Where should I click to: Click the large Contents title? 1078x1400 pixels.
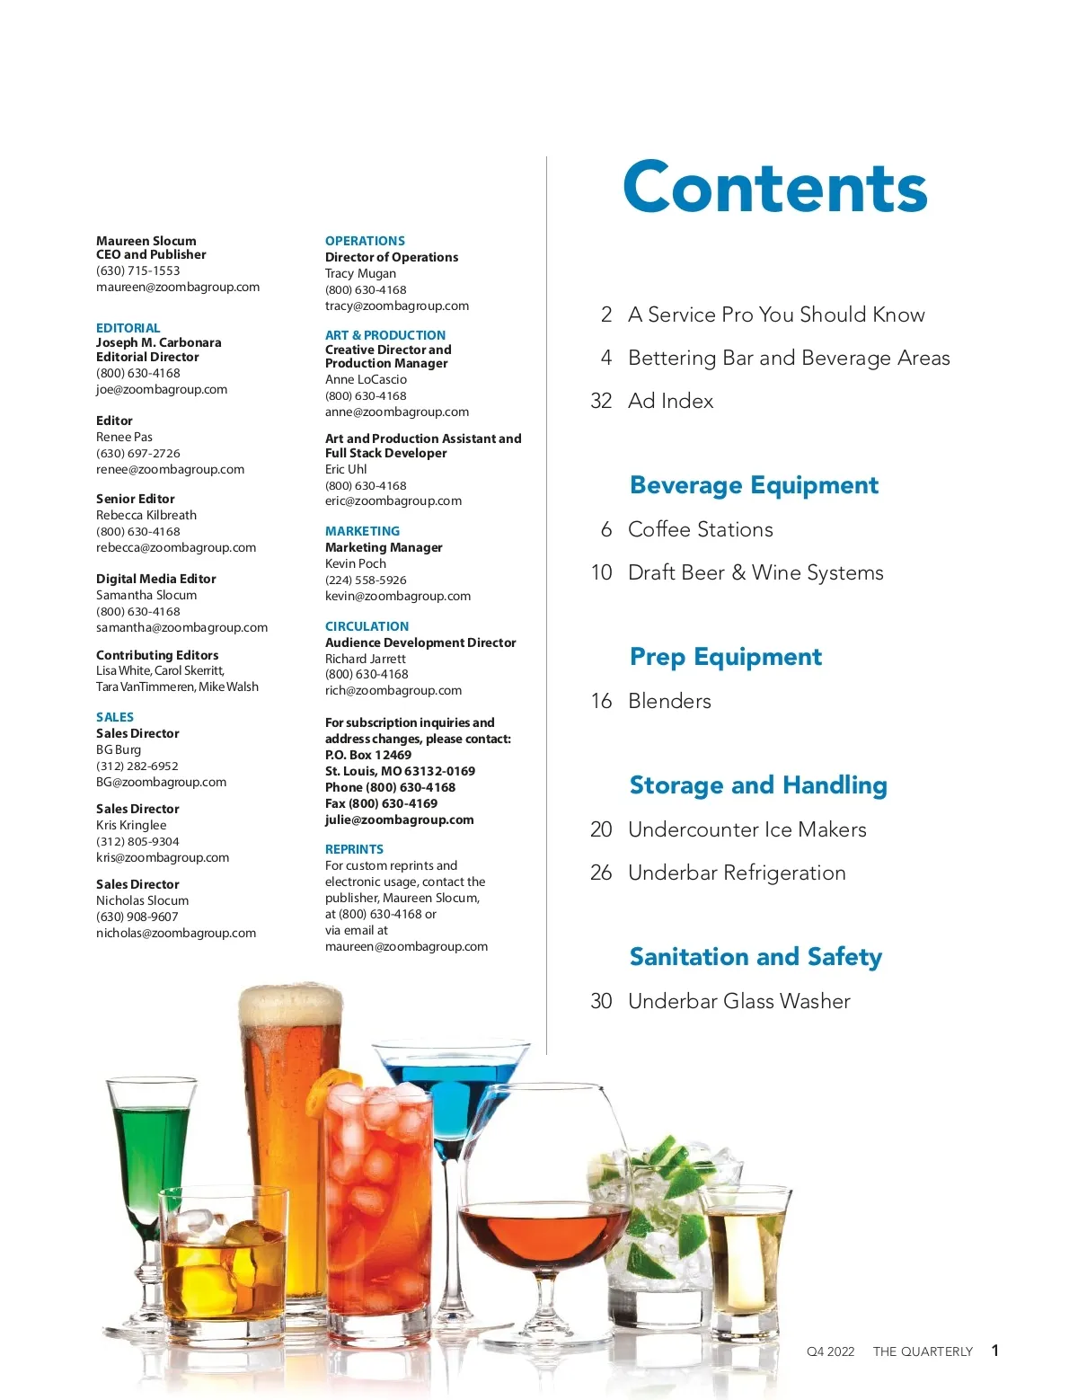click(774, 188)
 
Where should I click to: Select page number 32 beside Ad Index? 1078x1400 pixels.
click(601, 401)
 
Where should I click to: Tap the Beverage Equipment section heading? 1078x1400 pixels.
click(754, 485)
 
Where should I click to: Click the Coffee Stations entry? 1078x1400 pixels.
click(700, 529)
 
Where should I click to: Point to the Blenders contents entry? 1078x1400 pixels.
click(669, 701)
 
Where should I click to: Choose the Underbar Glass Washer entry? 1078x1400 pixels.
click(738, 1001)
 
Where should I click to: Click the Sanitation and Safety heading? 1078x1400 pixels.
click(755, 957)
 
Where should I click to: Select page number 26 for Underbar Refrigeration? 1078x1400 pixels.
click(601, 873)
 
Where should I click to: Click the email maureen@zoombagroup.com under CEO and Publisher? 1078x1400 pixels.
click(178, 288)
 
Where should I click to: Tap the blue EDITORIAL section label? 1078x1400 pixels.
click(128, 328)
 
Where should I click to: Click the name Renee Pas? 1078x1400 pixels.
click(124, 437)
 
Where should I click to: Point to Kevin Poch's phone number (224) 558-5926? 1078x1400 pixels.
click(366, 580)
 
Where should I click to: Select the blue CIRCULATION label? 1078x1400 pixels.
click(367, 626)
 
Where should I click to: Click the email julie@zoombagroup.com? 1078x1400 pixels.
click(399, 820)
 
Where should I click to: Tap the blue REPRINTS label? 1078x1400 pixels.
click(354, 849)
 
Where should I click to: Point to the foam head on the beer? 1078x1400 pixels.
click(290, 1006)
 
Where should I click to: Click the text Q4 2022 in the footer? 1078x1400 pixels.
click(830, 1351)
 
